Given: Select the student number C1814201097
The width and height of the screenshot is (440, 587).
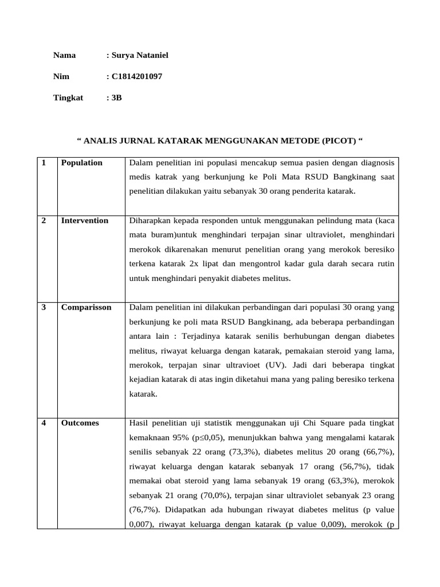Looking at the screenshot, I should tap(133, 76).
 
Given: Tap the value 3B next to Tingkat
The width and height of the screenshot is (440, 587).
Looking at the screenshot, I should tap(116, 97).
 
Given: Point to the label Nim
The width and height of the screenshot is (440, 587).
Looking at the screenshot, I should tap(61, 76).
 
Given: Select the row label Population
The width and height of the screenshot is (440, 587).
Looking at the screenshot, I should tap(82, 163).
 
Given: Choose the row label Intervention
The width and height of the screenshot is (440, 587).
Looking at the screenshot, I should tap(85, 221).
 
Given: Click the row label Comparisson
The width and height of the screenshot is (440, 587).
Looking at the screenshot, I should tap(87, 307).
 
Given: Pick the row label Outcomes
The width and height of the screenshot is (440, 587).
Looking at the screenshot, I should tap(80, 423).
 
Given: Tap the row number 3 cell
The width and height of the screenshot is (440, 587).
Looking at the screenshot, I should tap(44, 307).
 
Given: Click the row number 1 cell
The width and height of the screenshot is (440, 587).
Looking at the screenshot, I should tap(44, 163).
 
